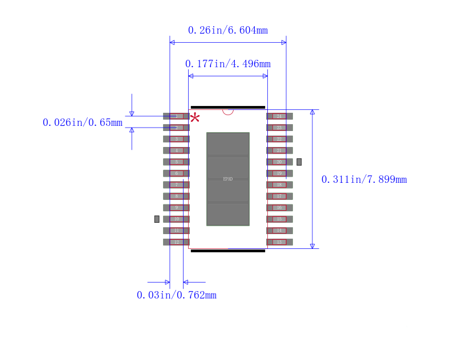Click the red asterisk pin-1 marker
[x=195, y=117]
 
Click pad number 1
[x=176, y=116]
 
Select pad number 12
[x=176, y=242]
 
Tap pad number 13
[x=279, y=242]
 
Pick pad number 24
[x=279, y=116]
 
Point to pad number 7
[x=176, y=185]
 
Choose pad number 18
[x=279, y=185]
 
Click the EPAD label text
[x=227, y=179]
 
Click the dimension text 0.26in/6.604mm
[x=227, y=30]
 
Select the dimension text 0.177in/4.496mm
[x=227, y=64]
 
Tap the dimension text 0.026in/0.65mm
[x=82, y=122]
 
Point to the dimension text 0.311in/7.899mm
[x=364, y=179]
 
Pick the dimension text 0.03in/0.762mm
[x=176, y=295]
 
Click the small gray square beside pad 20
[x=299, y=162]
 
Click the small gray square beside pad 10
[x=157, y=219]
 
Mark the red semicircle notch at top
[x=228, y=112]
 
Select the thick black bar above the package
[x=227, y=107]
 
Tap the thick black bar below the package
[x=227, y=251]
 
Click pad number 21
[x=279, y=150]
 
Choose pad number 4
[x=176, y=150]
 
